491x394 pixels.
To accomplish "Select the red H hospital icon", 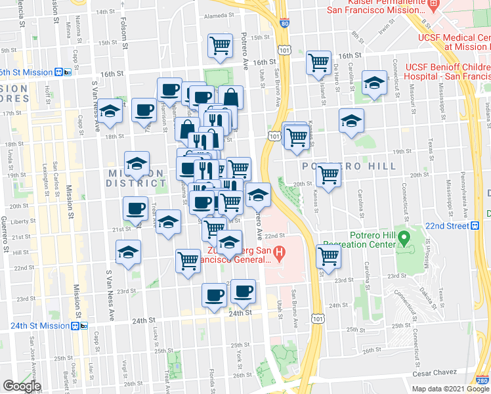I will point(279,252).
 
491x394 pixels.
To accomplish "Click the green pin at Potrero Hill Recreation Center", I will point(404,235).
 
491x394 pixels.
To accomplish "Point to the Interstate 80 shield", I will point(283,23).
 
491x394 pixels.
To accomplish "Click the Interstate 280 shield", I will point(481,379).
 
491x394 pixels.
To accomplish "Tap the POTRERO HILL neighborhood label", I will point(349,166).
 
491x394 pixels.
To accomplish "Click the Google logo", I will point(22,385).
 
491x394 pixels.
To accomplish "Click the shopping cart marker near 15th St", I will point(220,45).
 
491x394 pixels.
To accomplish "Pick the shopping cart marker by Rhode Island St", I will point(318,63).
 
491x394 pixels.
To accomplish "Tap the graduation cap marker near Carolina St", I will point(374,83).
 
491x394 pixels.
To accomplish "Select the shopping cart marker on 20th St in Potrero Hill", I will point(328,175).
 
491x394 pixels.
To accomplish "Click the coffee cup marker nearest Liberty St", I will point(136,209).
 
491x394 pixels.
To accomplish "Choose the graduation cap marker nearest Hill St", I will point(128,252).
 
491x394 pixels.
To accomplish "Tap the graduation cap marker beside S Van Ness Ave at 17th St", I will point(110,112).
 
